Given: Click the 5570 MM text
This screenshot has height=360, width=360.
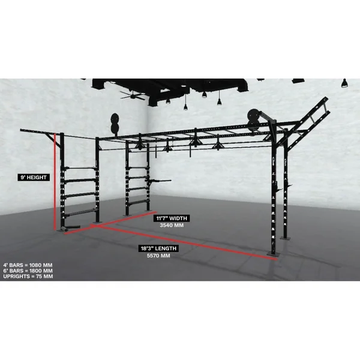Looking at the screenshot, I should click(158, 256).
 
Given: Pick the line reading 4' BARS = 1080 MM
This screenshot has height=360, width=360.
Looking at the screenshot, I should click(28, 265).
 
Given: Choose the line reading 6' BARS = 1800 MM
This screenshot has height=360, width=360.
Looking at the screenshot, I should click(28, 271).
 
